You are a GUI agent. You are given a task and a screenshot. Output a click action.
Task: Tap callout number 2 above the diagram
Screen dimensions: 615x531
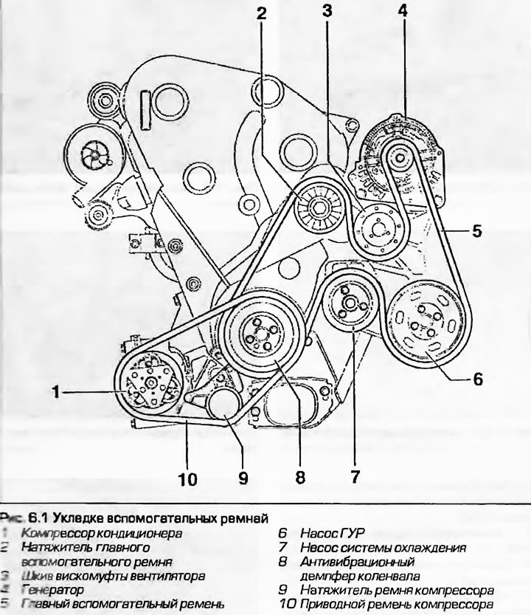[261, 13]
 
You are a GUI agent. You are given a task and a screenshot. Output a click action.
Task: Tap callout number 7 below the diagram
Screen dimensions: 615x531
[355, 477]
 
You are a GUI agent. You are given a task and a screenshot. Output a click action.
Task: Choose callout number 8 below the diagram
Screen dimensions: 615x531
[300, 477]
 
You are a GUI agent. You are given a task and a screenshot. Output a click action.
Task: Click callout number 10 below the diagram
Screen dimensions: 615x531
[187, 480]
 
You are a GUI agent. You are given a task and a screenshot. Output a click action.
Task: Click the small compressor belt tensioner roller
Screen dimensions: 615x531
[223, 405]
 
